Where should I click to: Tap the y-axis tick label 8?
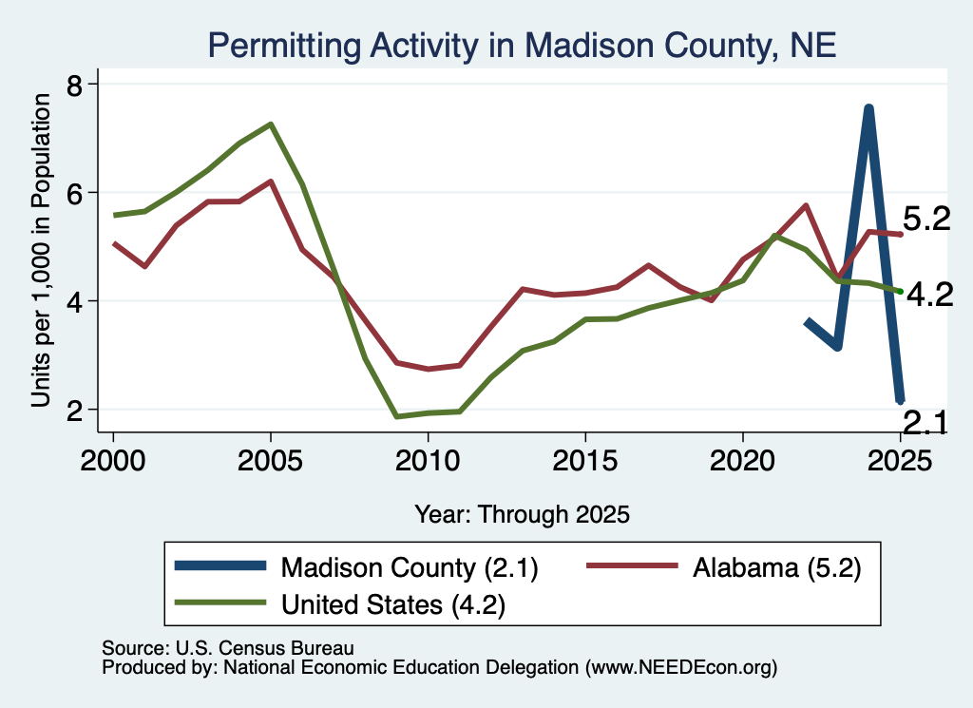click(x=74, y=85)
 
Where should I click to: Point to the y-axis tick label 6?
click(x=74, y=193)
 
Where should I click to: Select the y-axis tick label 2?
click(x=74, y=411)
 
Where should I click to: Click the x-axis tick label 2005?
click(x=270, y=460)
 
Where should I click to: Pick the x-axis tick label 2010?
click(x=428, y=460)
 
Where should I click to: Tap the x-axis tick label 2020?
click(x=742, y=460)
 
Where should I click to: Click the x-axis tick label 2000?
click(x=113, y=460)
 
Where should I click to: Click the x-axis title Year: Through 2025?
click(x=522, y=514)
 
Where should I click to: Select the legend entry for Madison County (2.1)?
click(x=356, y=567)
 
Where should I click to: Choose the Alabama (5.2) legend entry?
click(x=724, y=567)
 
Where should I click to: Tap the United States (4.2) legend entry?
click(x=340, y=603)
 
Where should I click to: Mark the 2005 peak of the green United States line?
click(x=271, y=124)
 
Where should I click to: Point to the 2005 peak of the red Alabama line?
click(x=271, y=182)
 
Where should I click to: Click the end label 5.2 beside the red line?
click(x=926, y=219)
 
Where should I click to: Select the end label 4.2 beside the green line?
click(x=929, y=294)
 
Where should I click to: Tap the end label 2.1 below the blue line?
click(x=925, y=423)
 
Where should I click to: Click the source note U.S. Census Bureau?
click(x=265, y=648)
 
